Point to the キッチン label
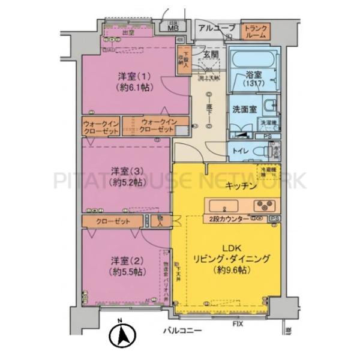241,187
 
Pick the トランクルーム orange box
255,31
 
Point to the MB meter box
173,27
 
